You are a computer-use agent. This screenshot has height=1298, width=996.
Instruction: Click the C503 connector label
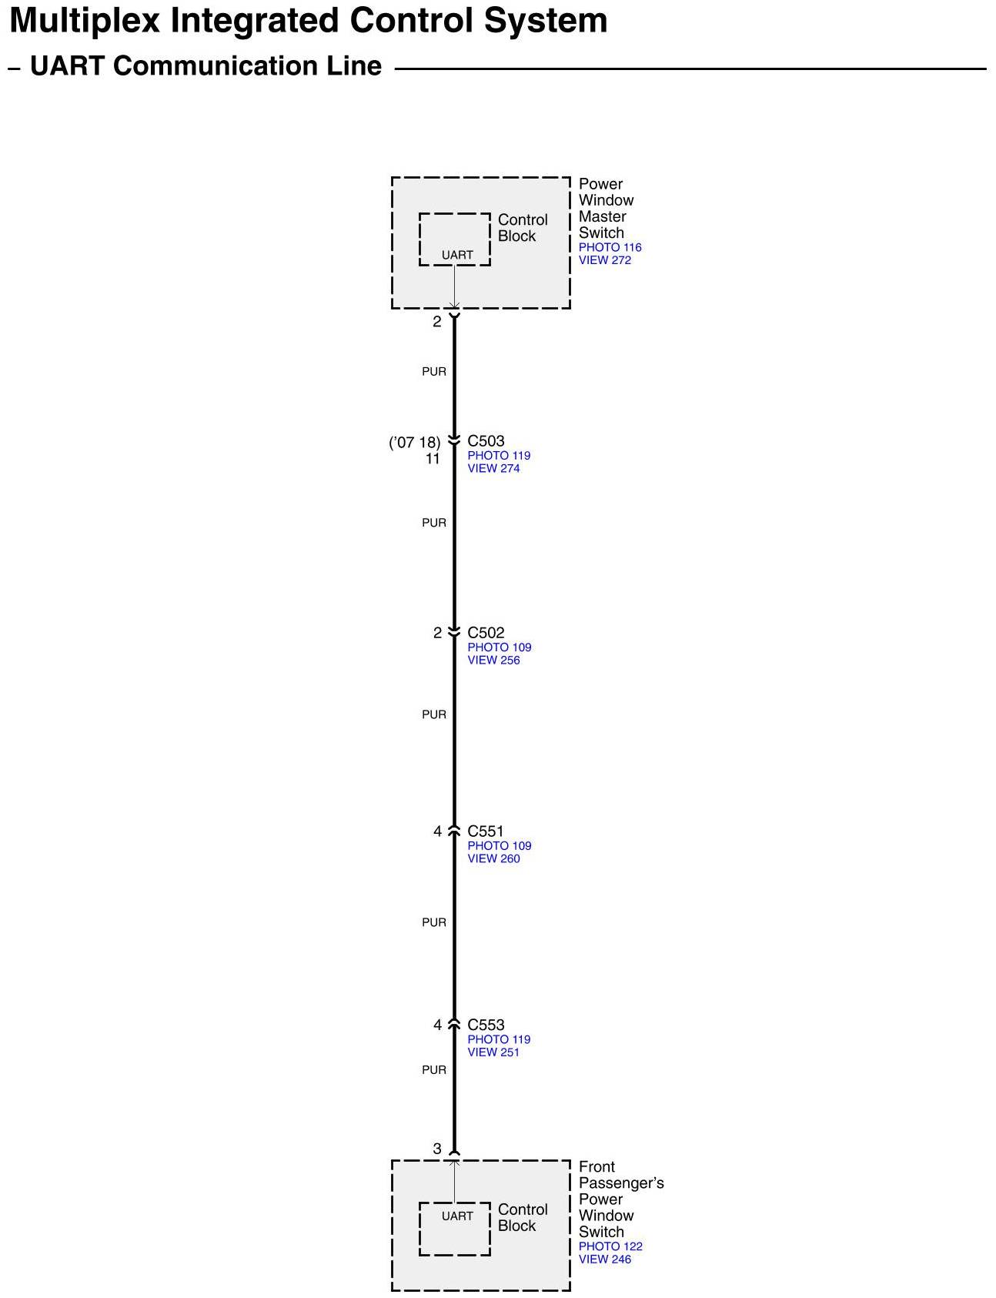tap(486, 441)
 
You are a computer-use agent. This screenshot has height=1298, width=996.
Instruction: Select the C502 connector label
tap(486, 633)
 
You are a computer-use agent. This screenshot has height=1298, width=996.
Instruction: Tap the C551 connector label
tap(486, 831)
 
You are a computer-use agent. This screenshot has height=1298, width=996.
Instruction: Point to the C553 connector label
tap(486, 1025)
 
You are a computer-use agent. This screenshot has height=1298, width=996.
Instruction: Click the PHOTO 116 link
tap(610, 247)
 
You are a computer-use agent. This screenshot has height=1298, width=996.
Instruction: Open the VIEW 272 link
tap(604, 260)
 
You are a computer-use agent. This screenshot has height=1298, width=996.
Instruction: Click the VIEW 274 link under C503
tap(493, 468)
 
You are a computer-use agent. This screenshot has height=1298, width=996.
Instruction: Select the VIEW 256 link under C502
tap(493, 660)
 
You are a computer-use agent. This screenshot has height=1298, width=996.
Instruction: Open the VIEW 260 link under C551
tap(493, 858)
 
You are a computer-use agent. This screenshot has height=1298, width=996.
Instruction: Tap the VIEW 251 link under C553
tap(493, 1052)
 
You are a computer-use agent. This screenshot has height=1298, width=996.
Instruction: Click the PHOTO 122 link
tap(610, 1246)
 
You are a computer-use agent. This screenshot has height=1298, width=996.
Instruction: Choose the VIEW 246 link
tap(604, 1260)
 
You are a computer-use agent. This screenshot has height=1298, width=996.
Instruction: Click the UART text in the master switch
tap(457, 255)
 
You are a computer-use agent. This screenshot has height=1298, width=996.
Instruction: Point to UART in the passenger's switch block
tap(457, 1216)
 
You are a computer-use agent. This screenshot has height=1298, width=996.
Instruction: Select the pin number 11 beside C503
tap(433, 459)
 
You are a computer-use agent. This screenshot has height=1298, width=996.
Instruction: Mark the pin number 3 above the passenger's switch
tap(437, 1149)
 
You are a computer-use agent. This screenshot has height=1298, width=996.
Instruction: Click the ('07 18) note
tap(414, 443)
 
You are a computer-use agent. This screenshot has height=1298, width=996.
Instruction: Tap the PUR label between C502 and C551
tap(434, 714)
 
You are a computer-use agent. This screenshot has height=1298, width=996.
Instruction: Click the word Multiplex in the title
tap(85, 22)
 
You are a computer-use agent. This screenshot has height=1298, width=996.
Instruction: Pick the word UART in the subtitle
tap(67, 66)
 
